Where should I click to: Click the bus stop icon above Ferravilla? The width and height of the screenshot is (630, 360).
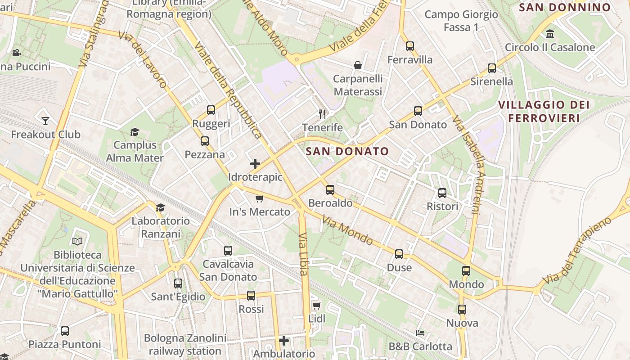click(x=409, y=46)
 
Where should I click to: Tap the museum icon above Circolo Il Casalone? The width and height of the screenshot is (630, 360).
click(x=549, y=34)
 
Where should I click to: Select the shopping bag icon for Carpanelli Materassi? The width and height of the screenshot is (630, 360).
click(x=358, y=66)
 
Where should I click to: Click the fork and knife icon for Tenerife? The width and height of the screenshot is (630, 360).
click(x=322, y=114)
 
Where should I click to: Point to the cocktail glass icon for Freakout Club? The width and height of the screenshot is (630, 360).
click(x=45, y=121)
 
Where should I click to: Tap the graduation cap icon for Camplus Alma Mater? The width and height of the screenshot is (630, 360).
click(x=135, y=132)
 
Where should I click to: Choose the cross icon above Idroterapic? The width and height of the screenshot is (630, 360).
click(x=255, y=164)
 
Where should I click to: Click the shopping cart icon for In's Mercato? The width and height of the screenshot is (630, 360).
click(x=259, y=198)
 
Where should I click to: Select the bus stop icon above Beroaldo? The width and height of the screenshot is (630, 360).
click(x=330, y=190)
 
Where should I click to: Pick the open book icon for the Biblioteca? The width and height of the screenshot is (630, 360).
click(x=77, y=242)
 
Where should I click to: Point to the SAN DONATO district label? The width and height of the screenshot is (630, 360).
click(x=347, y=152)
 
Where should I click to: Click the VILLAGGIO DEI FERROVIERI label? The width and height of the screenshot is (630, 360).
click(x=544, y=112)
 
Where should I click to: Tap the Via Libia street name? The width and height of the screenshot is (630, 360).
click(x=303, y=254)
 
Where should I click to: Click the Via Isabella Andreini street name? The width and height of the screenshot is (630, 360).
click(x=469, y=165)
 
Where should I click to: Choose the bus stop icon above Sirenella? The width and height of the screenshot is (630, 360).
click(x=492, y=68)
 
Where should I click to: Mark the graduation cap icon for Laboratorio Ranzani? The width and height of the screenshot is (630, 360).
click(x=160, y=207)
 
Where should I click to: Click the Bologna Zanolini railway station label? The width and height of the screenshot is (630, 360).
click(x=185, y=344)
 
